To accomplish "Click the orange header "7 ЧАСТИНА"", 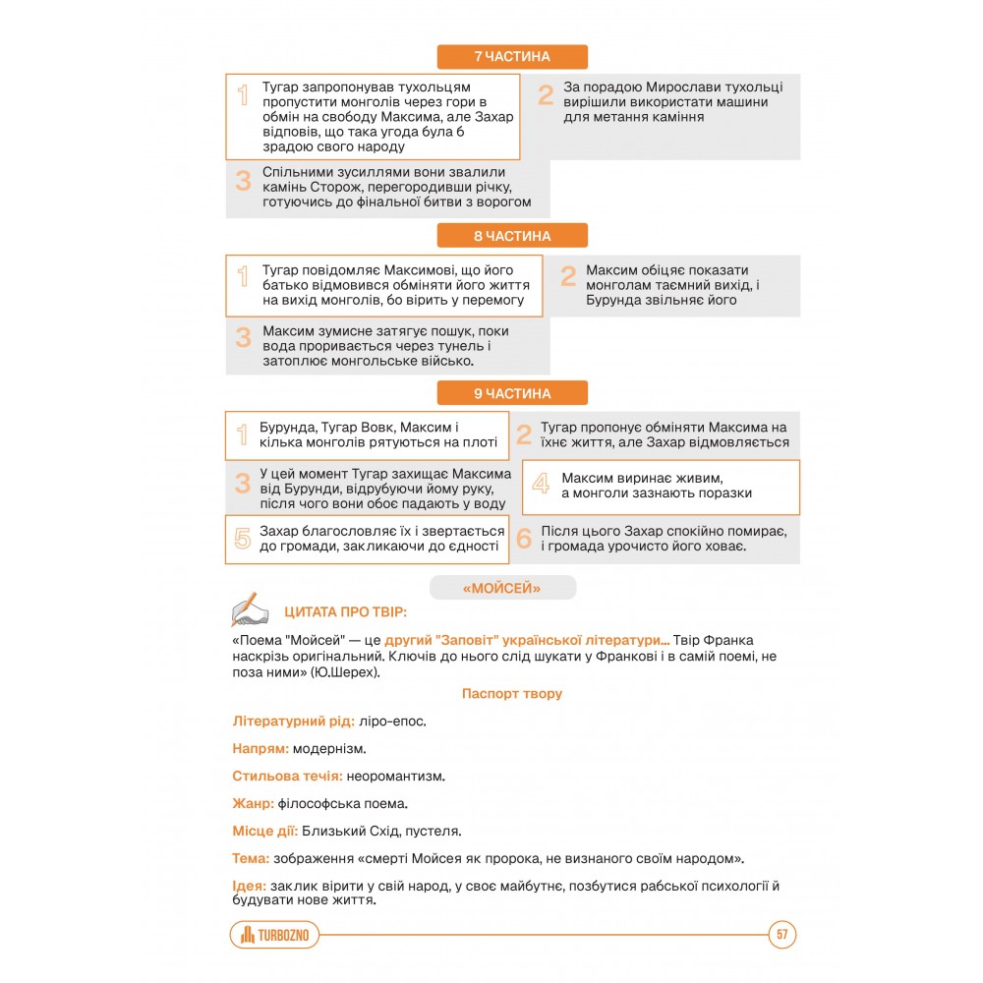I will tap(512, 57).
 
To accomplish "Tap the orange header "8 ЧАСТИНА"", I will tap(512, 236).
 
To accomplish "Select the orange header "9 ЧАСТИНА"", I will tap(512, 393).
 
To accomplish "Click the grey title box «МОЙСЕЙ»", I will tap(502, 589).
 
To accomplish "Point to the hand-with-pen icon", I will tap(249, 609).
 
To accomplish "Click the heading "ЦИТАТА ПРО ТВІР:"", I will tap(345, 613).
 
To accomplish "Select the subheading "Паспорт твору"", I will tap(512, 694).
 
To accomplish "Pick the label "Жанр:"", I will tap(254, 804).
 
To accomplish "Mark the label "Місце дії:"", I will tap(264, 832).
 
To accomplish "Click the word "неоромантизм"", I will tap(395, 777).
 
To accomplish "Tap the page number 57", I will tap(782, 935).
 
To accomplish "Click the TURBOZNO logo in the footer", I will tap(276, 935).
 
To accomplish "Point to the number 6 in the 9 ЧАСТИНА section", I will tap(524, 538).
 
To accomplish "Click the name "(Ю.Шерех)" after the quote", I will tap(344, 673).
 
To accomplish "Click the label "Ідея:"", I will tap(249, 886).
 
